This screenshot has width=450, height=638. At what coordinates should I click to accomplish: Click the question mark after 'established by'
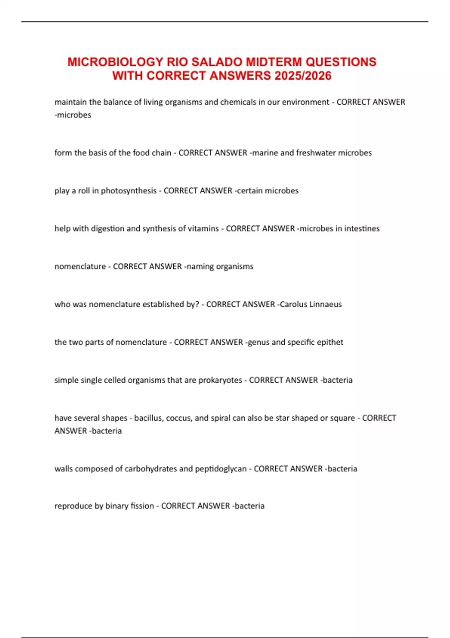coord(197,304)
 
